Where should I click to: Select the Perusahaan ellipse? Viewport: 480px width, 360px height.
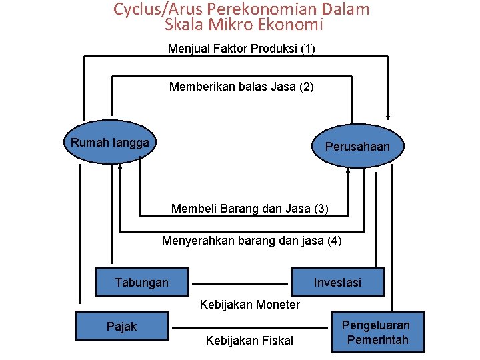[357, 146]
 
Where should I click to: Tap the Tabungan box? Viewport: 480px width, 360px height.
[142, 282]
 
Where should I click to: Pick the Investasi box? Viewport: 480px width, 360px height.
[337, 282]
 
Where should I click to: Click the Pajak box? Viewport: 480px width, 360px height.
[121, 326]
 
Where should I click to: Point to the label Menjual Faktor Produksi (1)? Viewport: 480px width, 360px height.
[241, 49]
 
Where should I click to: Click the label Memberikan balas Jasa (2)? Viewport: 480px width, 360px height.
[241, 87]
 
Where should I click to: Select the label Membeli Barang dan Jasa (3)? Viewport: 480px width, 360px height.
[249, 209]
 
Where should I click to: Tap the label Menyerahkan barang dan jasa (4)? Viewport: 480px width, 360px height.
[251, 241]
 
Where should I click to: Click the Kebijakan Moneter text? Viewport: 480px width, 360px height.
[250, 305]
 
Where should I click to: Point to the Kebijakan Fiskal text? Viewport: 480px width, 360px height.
[249, 341]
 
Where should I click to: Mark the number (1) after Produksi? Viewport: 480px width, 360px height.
[308, 49]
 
